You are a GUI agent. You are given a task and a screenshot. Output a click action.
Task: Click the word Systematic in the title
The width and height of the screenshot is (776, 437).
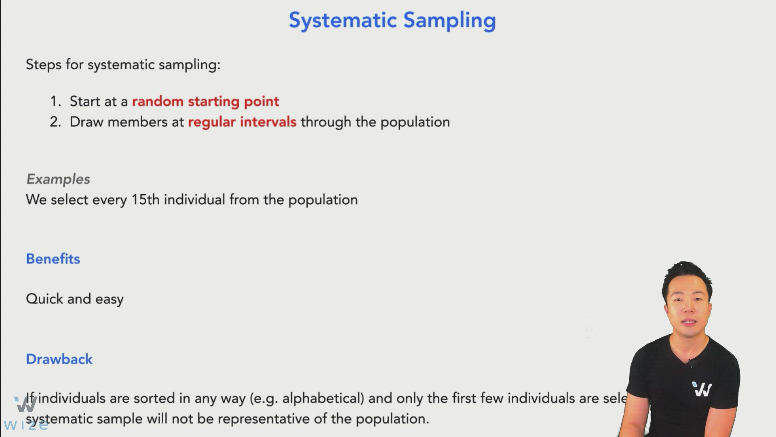tap(343, 20)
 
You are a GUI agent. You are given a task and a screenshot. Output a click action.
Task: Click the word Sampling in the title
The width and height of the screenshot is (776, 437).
tap(449, 20)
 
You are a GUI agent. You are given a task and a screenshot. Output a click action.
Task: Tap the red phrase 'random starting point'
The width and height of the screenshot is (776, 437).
tap(205, 101)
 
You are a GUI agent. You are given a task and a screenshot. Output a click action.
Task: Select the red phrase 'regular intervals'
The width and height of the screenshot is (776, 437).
tap(242, 122)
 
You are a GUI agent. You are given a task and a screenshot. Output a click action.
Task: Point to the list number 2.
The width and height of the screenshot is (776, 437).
tap(55, 122)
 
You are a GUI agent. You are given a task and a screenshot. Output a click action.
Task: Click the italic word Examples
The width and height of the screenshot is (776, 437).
tap(58, 179)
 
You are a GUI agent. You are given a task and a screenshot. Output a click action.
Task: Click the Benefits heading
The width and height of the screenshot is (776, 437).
tap(53, 259)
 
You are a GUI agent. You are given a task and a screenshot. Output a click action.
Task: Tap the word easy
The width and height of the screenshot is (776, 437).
tap(109, 299)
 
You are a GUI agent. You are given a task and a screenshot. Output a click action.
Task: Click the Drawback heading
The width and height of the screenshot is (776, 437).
tap(59, 359)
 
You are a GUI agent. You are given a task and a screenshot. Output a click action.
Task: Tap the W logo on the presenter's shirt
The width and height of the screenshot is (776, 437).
tap(702, 389)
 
